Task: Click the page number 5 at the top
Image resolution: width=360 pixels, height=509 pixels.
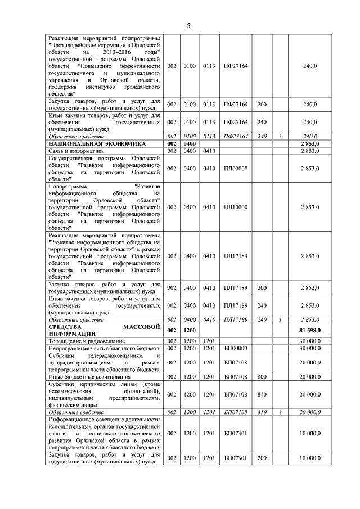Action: [188, 25]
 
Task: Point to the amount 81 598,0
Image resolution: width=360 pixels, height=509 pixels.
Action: [309, 330]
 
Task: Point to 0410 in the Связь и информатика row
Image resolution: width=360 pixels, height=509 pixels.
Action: [210, 151]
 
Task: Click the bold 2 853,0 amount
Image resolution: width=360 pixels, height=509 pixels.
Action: [310, 144]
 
